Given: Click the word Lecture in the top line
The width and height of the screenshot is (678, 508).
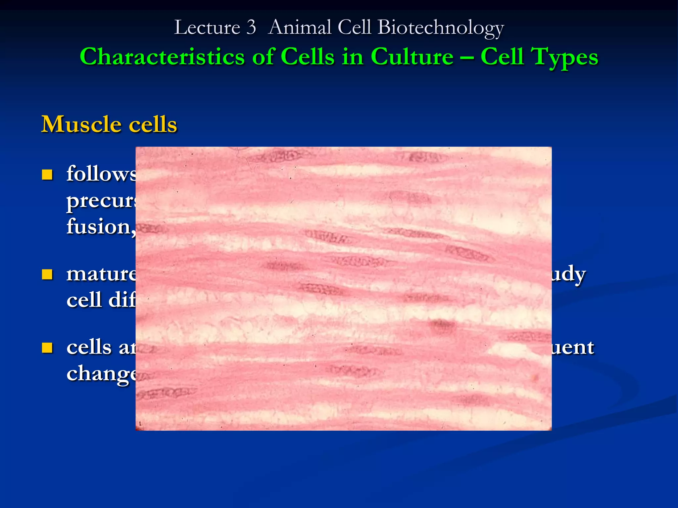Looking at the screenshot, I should (x=207, y=27).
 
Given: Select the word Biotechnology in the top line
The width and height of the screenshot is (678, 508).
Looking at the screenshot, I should (x=440, y=28).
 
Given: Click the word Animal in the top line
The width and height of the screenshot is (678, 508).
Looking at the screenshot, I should (x=300, y=27).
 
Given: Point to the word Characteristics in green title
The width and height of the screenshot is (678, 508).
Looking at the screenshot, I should (x=162, y=57).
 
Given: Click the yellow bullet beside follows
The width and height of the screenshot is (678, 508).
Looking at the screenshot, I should (x=47, y=175).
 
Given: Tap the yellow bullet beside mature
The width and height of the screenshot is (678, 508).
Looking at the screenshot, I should (x=47, y=275).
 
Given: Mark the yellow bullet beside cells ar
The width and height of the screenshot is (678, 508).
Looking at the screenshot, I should (x=47, y=348).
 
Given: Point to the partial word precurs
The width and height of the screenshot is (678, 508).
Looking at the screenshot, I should (x=101, y=201).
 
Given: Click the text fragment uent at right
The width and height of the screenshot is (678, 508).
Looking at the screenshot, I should (x=573, y=348).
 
